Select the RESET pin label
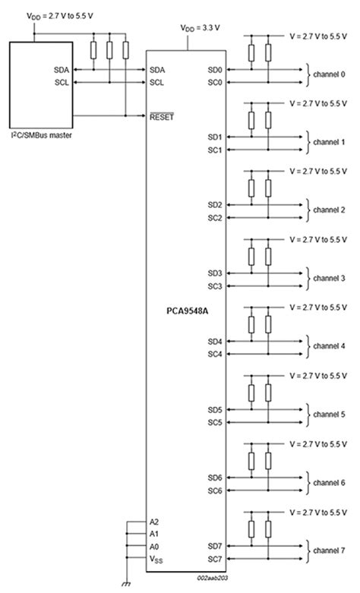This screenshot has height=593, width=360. (x=162, y=115)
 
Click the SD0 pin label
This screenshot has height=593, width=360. (x=214, y=69)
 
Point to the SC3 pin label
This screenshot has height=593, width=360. (x=214, y=286)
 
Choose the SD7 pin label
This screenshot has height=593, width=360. (x=214, y=545)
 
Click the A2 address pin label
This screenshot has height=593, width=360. (x=154, y=522)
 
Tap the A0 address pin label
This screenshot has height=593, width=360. (x=154, y=546)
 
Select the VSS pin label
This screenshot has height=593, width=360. (x=156, y=559)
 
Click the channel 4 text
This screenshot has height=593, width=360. (x=330, y=346)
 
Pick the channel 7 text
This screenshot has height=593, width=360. (x=330, y=550)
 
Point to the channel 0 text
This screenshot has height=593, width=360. (x=330, y=74)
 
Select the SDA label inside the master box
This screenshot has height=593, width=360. (x=62, y=69)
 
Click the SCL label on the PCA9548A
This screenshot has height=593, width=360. (x=157, y=82)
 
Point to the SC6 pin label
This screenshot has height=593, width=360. (x=214, y=490)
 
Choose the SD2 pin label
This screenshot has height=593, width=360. (x=214, y=205)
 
